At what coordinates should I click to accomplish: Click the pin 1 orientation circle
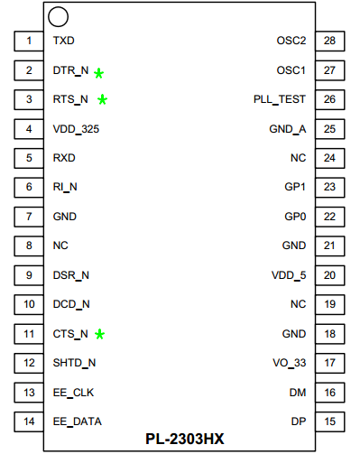(x=59, y=16)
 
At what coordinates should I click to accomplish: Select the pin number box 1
(x=30, y=41)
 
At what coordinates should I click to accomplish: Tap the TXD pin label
(x=64, y=41)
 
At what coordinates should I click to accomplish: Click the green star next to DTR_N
(x=98, y=72)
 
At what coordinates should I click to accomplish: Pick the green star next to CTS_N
(x=100, y=334)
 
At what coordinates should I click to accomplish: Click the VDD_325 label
(x=77, y=129)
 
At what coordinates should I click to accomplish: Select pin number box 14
(x=30, y=422)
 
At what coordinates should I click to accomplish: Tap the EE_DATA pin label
(x=77, y=422)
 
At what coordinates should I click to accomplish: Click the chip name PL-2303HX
(x=185, y=440)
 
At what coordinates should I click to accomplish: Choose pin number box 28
(x=330, y=41)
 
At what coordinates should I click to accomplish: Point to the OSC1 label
(x=291, y=70)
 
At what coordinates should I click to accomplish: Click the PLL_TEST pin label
(x=281, y=99)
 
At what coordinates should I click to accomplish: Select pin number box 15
(x=330, y=422)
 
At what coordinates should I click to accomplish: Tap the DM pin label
(x=298, y=393)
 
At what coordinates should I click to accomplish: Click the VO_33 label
(x=290, y=363)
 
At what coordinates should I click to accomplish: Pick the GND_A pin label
(x=288, y=129)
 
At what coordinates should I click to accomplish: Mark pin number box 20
(x=330, y=275)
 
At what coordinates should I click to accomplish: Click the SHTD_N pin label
(x=75, y=363)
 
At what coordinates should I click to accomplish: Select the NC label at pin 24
(x=299, y=158)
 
